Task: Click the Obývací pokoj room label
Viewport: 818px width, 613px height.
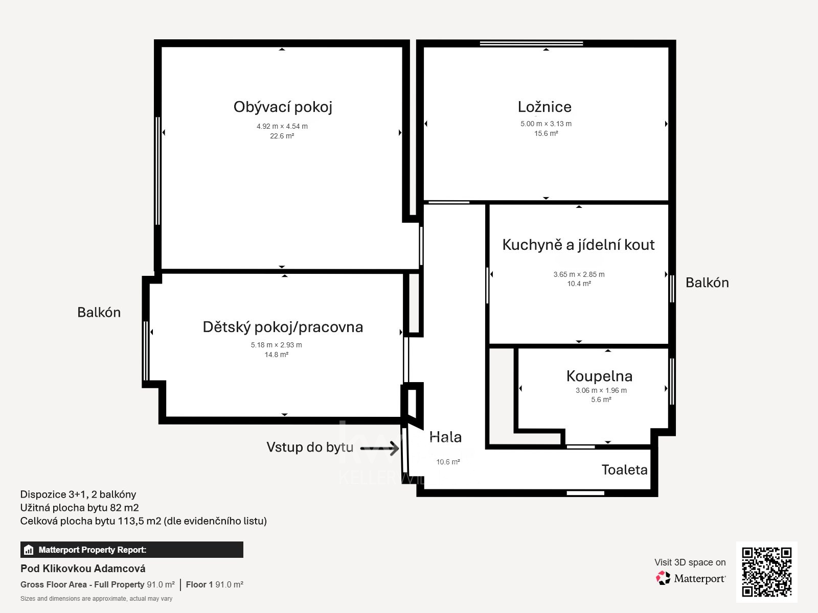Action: [x=283, y=107]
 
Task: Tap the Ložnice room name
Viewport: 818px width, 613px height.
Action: [x=544, y=107]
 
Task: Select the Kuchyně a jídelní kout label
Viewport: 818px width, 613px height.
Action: [x=578, y=245]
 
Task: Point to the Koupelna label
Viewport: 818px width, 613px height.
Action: [x=599, y=376]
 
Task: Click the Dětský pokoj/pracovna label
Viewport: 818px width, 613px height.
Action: [x=283, y=327]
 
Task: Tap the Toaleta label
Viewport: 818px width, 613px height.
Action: [x=625, y=469]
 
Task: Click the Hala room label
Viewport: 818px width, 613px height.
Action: [x=445, y=437]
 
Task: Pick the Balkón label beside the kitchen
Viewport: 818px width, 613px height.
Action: [x=708, y=283]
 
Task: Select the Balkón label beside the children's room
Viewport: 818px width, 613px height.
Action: [x=99, y=312]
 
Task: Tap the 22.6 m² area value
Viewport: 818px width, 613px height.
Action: [x=282, y=136]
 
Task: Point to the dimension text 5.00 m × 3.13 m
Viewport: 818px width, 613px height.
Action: [x=546, y=124]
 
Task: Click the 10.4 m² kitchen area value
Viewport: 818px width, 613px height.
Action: [x=579, y=284]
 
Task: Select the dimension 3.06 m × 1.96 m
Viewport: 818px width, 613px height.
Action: [x=601, y=390]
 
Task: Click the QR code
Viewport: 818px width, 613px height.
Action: [x=766, y=572]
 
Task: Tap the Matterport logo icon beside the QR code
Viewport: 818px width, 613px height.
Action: [x=663, y=578]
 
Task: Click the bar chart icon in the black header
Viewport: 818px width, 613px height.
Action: [x=29, y=550]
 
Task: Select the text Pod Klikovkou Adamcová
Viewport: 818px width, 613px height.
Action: [x=83, y=569]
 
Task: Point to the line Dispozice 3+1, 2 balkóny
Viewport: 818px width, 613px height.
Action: [x=78, y=494]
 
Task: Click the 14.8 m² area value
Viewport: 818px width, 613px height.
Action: [x=277, y=355]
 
